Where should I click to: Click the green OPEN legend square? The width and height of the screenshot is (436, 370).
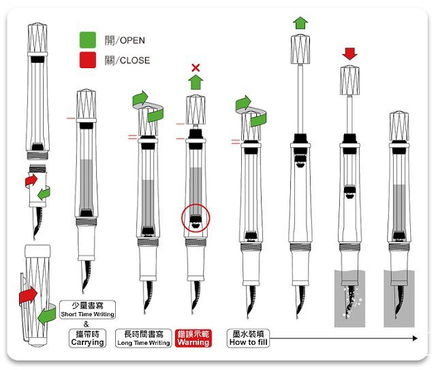click(x=88, y=40)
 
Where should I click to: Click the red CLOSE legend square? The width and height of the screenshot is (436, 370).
click(x=88, y=60)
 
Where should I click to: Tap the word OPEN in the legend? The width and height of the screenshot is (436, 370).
click(x=132, y=41)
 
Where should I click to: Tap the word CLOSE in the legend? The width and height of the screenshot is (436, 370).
click(x=135, y=61)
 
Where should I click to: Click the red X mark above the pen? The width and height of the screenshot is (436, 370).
click(x=196, y=67)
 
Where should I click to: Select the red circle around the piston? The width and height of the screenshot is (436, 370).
click(x=196, y=218)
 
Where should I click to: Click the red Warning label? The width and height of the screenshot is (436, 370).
click(x=193, y=338)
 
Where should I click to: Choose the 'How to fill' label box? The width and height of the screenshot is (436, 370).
click(x=248, y=338)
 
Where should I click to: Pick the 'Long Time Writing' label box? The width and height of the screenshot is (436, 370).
click(x=144, y=338)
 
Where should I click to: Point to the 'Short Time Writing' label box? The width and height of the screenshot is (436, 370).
click(x=88, y=309)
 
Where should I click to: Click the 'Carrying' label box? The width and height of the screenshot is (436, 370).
click(x=88, y=338)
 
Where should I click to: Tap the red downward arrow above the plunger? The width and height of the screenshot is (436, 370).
click(x=349, y=54)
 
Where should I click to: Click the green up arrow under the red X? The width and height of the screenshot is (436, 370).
click(x=196, y=82)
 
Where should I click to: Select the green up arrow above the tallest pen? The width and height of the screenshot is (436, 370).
click(x=300, y=22)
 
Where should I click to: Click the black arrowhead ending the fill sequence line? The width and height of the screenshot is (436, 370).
click(x=415, y=338)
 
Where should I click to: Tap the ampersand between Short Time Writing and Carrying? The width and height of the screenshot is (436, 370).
click(x=87, y=324)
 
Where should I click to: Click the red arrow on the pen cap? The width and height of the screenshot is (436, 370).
click(x=28, y=296)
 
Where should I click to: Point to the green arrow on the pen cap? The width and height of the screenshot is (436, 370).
click(x=46, y=315)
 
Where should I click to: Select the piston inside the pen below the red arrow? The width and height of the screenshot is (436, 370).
click(x=349, y=191)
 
